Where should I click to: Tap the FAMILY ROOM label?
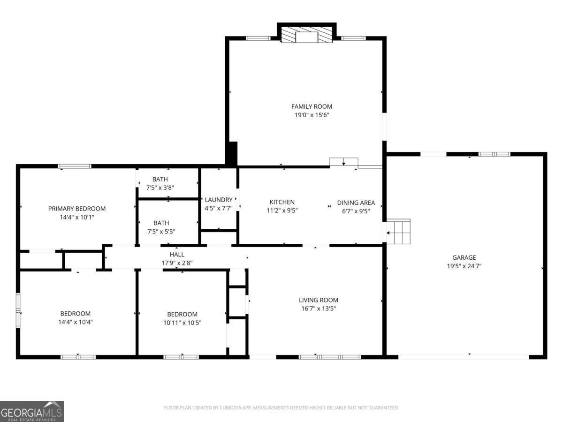312,106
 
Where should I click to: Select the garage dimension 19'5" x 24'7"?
464,266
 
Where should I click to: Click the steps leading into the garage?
399,232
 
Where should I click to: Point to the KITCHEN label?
282,202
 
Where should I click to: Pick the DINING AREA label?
356,203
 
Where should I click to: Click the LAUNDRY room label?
219,199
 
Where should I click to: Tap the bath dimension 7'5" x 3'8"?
160,188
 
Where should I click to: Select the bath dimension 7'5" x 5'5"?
160,232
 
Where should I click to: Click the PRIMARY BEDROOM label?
77,209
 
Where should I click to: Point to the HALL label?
177,255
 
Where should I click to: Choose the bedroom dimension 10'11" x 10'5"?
182,323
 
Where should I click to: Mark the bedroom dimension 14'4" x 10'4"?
75,322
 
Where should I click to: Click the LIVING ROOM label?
319,300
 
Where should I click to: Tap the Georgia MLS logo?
32,411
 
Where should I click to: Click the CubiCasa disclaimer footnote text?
281,408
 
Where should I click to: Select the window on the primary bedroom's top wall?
75,166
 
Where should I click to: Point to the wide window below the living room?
330,357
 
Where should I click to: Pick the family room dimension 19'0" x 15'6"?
312,115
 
